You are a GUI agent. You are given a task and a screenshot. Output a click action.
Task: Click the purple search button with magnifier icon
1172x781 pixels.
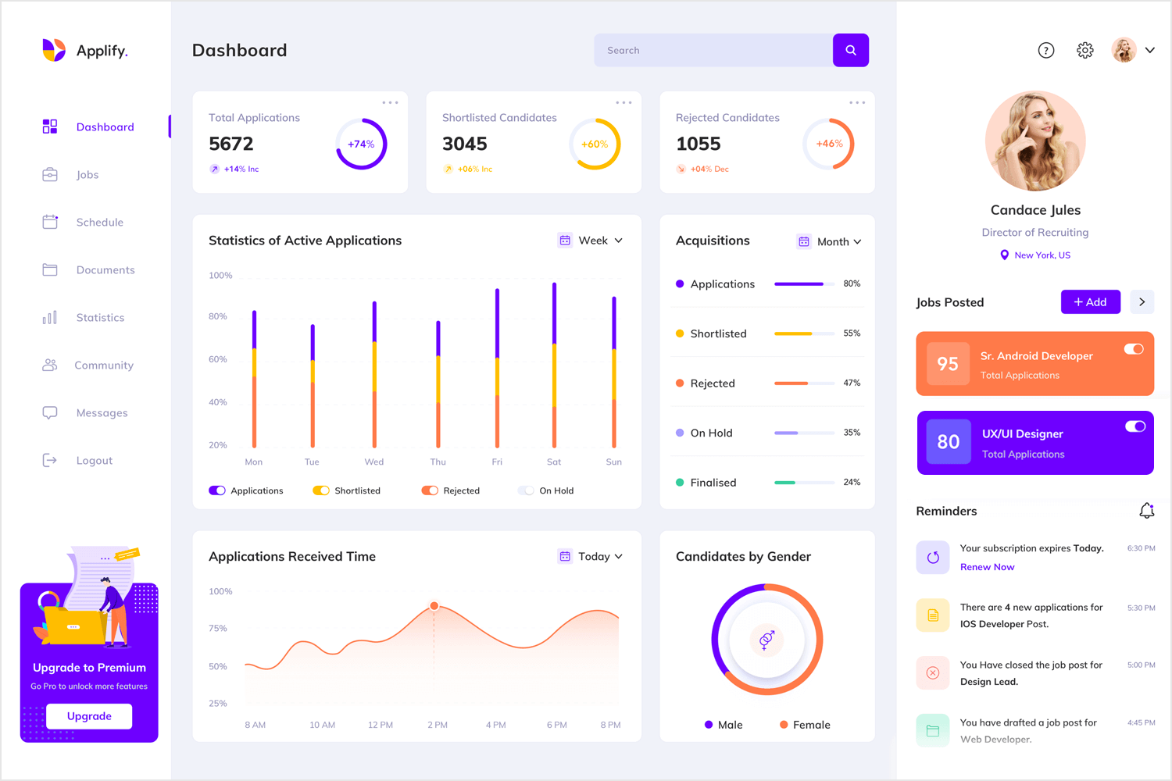pyautogui.click(x=850, y=50)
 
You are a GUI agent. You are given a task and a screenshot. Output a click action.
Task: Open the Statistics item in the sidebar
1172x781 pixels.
pyautogui.click(x=100, y=318)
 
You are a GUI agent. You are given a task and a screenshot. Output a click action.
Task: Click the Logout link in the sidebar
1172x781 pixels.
pyautogui.click(x=94, y=461)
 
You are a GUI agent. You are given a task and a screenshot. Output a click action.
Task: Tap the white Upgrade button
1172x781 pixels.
pyautogui.click(x=89, y=716)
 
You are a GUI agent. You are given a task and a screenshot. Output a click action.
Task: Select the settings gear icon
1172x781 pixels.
pyautogui.click(x=1084, y=50)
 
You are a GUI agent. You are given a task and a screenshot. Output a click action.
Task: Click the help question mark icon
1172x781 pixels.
pyautogui.click(x=1045, y=50)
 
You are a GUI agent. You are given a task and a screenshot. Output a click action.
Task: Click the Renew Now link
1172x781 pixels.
pyautogui.click(x=987, y=567)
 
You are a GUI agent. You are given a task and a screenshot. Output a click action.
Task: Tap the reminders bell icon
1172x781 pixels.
pyautogui.click(x=1146, y=511)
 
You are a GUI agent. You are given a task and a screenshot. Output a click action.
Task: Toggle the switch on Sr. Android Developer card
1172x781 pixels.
pyautogui.click(x=1134, y=349)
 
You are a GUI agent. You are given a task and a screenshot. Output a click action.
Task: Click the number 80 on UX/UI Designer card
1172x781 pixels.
pyautogui.click(x=948, y=442)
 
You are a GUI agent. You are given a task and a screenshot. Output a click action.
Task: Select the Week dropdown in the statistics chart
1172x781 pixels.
pyautogui.click(x=591, y=241)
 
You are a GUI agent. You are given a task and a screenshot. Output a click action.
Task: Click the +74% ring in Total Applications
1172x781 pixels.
pyautogui.click(x=361, y=144)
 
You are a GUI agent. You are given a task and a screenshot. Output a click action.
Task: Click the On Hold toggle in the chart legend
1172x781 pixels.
pyautogui.click(x=527, y=490)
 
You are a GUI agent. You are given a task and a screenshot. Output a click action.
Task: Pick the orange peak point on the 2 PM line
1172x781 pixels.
pyautogui.click(x=434, y=606)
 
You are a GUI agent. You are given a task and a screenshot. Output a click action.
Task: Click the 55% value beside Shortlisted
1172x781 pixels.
pyautogui.click(x=852, y=333)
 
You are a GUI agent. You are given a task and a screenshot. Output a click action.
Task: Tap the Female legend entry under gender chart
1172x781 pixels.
pyautogui.click(x=805, y=725)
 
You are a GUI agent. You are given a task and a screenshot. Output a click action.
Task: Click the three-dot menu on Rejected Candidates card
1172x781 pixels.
pyautogui.click(x=857, y=102)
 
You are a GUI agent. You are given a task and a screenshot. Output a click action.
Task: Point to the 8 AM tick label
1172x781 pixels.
pyautogui.click(x=255, y=725)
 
